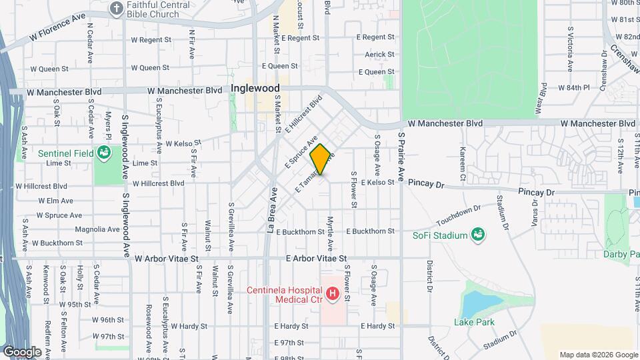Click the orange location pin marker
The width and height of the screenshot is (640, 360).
pyautogui.click(x=320, y=159)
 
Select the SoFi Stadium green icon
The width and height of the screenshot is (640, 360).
pyautogui.click(x=477, y=234)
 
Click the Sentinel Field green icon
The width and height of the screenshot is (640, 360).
pyautogui.click(x=103, y=153)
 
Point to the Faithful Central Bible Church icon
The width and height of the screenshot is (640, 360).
pyautogui.click(x=117, y=9)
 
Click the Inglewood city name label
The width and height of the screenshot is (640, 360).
pyautogui.click(x=255, y=88)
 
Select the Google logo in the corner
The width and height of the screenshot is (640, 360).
pyautogui.click(x=22, y=351)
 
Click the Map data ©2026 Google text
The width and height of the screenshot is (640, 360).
pyautogui.click(x=598, y=355)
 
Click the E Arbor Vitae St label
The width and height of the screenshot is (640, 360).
pyautogui.click(x=317, y=257)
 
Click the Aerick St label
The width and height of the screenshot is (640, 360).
pyautogui.click(x=377, y=55)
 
